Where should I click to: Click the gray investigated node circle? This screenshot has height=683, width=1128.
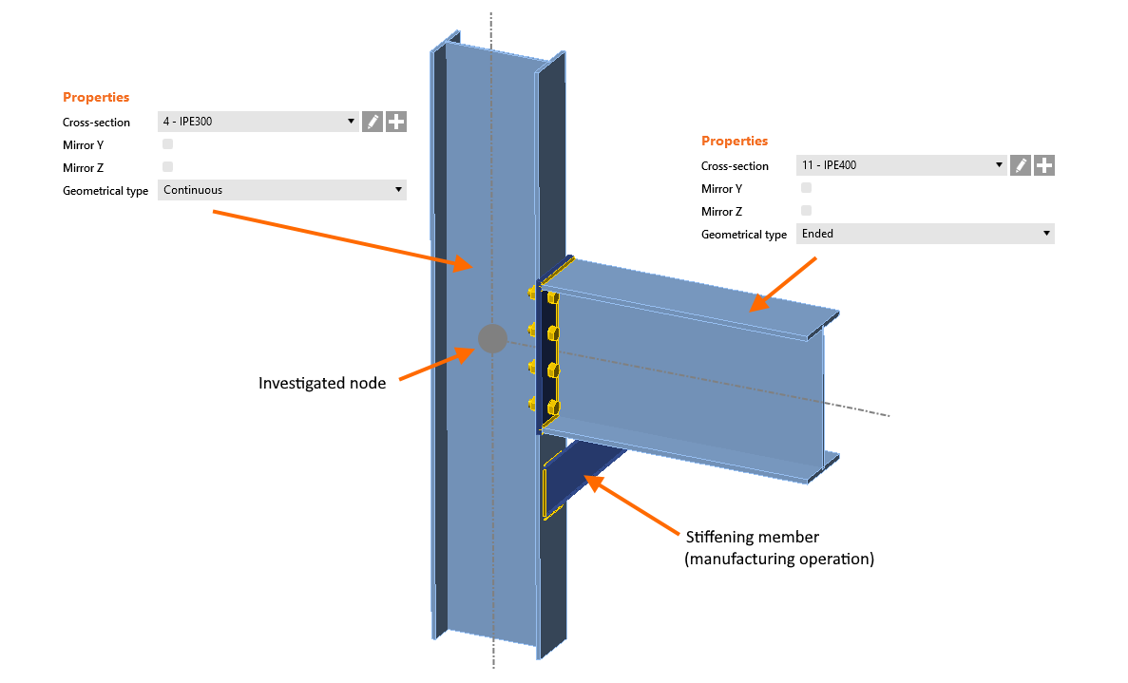click(491, 338)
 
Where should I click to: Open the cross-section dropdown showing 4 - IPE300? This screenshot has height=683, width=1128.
click(258, 122)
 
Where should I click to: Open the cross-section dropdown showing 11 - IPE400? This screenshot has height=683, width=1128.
click(900, 165)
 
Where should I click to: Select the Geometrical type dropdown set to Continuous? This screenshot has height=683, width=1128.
click(281, 190)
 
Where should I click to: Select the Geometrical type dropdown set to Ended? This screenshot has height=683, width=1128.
click(924, 234)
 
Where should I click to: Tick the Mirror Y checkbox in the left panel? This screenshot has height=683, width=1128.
click(168, 144)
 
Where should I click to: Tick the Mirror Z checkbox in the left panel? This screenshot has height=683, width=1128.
click(168, 167)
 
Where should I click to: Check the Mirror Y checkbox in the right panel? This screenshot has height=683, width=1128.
click(807, 188)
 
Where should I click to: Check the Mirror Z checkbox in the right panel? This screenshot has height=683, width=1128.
click(807, 211)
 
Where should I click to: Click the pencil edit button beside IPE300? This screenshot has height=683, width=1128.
click(373, 122)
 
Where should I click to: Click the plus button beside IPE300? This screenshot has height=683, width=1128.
click(396, 122)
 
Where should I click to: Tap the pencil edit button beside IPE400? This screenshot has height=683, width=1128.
click(1020, 165)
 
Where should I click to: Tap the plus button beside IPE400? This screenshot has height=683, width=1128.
click(1043, 165)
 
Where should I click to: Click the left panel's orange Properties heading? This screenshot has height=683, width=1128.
click(96, 97)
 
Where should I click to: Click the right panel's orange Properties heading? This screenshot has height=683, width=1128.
click(735, 141)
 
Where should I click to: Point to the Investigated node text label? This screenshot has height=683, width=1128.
click(322, 384)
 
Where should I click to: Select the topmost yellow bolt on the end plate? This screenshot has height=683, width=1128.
click(552, 298)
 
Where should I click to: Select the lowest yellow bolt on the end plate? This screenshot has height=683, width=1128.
click(553, 408)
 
